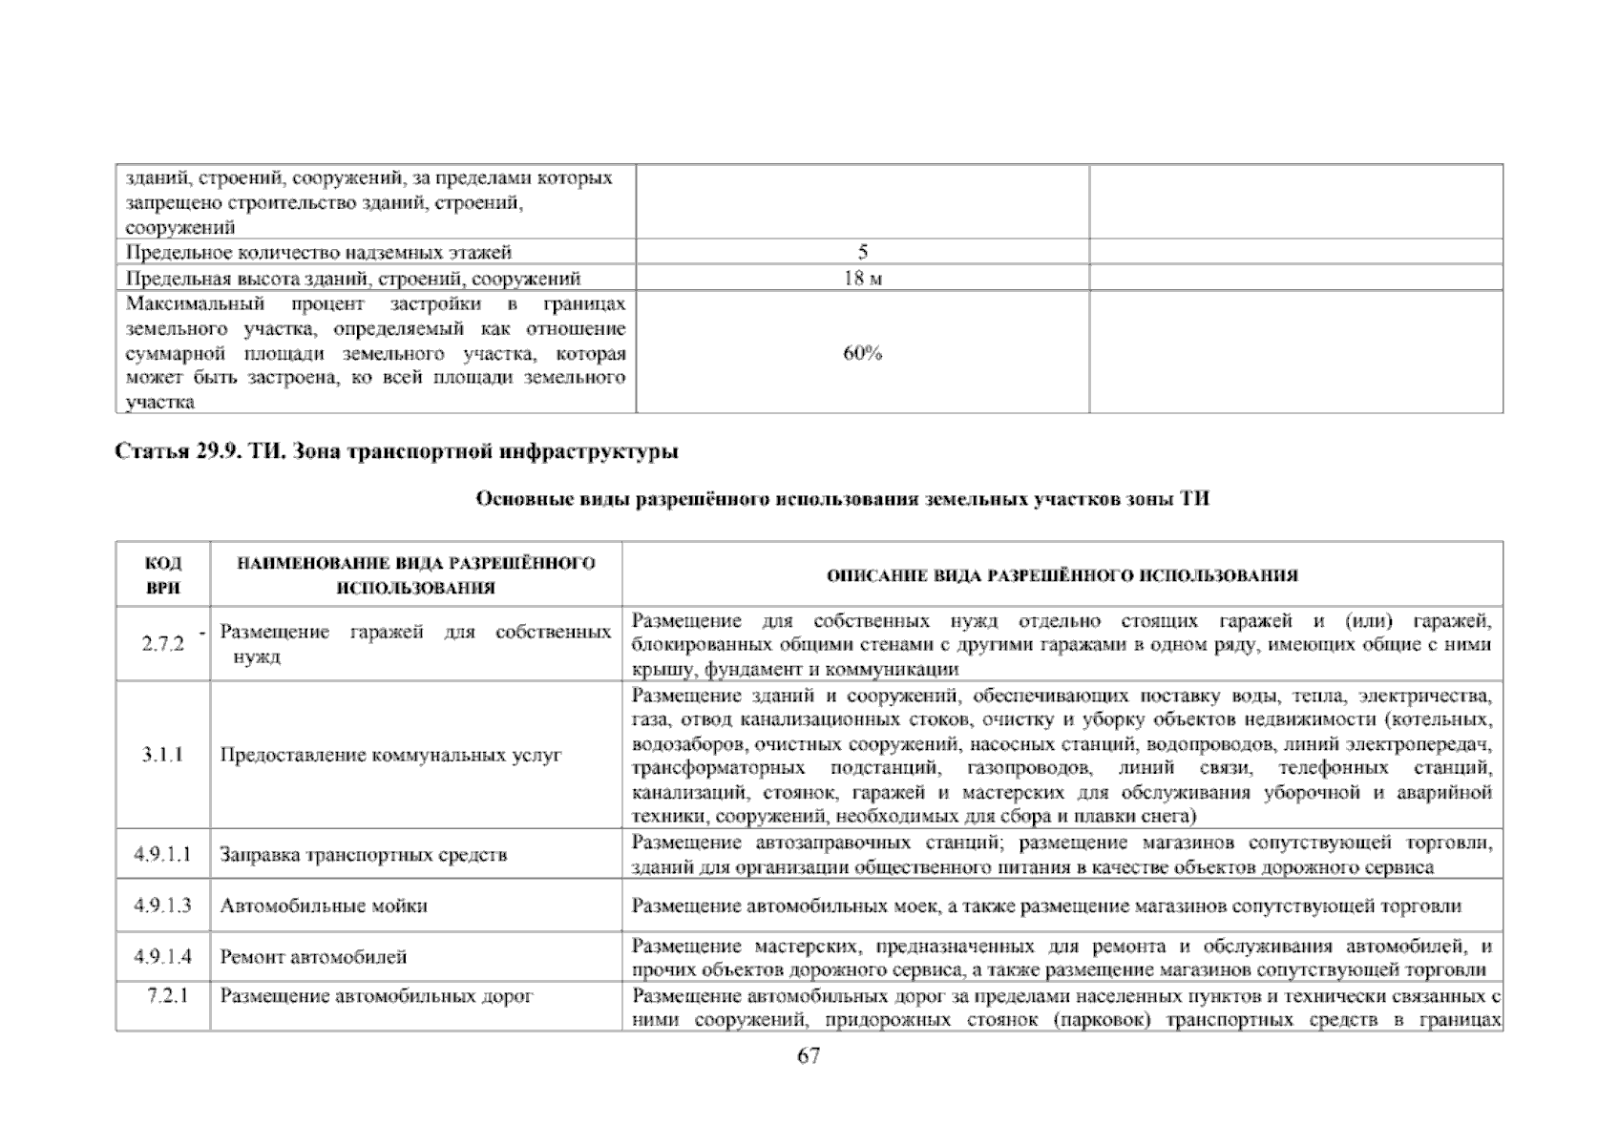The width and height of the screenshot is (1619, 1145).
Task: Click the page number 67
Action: point(808,1056)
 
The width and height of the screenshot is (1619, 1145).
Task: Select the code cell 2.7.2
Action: point(162,644)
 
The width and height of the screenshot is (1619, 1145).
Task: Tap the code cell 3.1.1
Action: point(162,755)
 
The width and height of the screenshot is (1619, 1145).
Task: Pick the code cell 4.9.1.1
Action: point(162,854)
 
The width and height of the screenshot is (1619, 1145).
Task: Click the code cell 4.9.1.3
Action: point(162,905)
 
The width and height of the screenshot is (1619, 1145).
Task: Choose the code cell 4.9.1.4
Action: point(162,956)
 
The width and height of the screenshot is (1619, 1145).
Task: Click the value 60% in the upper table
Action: point(862,353)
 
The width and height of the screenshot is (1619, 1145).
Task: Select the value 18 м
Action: point(862,279)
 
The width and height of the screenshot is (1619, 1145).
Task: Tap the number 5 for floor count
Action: point(862,252)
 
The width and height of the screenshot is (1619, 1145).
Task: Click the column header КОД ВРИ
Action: point(163,575)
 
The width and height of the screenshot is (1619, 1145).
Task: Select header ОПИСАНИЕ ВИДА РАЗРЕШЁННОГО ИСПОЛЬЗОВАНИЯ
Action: point(1062,575)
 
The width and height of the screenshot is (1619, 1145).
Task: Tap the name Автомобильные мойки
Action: point(324,906)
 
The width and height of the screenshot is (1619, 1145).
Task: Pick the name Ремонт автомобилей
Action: point(313,957)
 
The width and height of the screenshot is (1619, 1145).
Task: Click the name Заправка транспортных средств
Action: point(363,855)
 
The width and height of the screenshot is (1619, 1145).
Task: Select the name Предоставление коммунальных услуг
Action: point(390,756)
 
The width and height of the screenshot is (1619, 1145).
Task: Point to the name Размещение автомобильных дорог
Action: point(376,996)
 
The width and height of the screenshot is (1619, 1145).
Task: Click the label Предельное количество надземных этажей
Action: point(319,252)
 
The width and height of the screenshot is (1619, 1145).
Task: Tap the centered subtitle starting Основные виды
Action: point(842,499)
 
